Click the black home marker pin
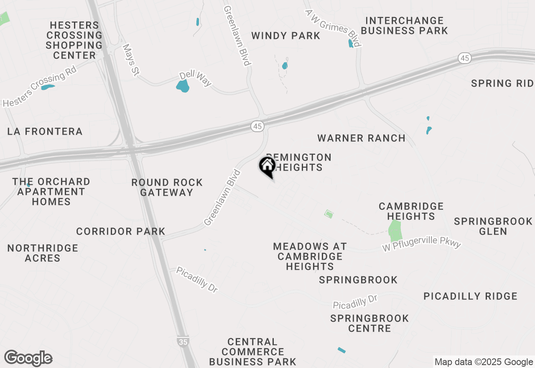pyautogui.click(x=267, y=166)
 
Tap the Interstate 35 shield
pyautogui.click(x=182, y=341)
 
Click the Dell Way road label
pyautogui.click(x=195, y=79)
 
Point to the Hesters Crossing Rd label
pyautogui.click(x=40, y=89)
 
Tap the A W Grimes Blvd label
pyautogui.click(x=333, y=28)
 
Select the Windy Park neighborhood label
pyautogui.click(x=286, y=36)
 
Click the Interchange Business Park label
pyautogui.click(x=404, y=26)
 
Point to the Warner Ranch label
pyautogui.click(x=361, y=138)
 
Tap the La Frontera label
pyautogui.click(x=45, y=131)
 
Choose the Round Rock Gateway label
pyautogui.click(x=167, y=187)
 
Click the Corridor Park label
pyautogui.click(x=121, y=231)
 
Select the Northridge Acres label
pyautogui.click(x=43, y=253)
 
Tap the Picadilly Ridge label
pyautogui.click(x=470, y=296)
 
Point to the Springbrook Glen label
pyautogui.click(x=493, y=226)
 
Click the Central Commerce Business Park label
pyautogui.click(x=252, y=352)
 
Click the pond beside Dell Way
pyautogui.click(x=183, y=86)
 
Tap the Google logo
pyautogui.click(x=28, y=358)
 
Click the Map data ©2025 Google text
pyautogui.click(x=484, y=362)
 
